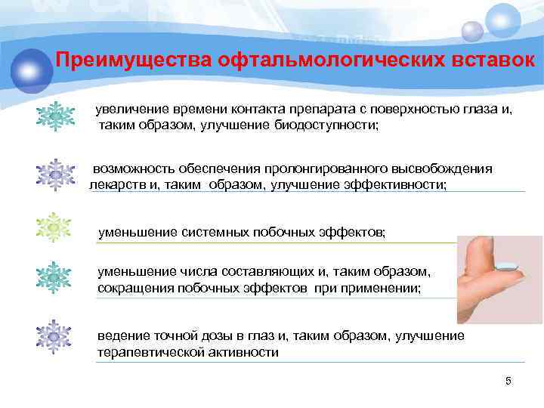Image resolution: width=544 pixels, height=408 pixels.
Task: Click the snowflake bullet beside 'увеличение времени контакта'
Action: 54,117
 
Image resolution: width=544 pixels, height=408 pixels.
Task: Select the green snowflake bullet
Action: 54,227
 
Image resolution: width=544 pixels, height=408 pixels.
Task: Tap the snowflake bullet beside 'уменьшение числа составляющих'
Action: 54,278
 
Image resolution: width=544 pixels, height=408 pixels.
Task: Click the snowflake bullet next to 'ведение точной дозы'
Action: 54,337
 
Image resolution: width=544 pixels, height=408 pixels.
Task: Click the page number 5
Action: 508,381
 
